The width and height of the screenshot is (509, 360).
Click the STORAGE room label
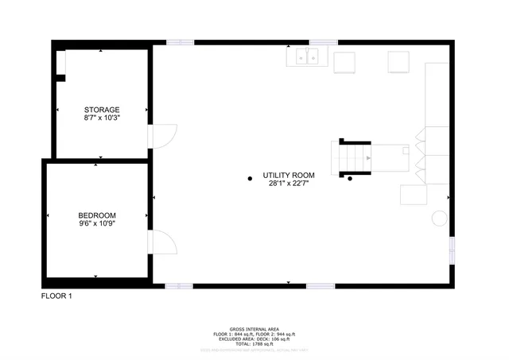click(102, 110)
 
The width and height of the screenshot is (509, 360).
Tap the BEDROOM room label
click(97, 215)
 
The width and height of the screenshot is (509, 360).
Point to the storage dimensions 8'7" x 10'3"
click(102, 118)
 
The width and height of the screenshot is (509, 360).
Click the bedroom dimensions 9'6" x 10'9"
click(97, 224)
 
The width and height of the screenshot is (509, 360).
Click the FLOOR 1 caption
click(56, 296)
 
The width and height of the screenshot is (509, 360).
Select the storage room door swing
click(162, 136)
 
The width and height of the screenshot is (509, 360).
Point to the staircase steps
click(351, 157)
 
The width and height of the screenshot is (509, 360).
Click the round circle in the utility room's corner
click(438, 218)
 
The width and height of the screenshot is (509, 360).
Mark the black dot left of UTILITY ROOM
click(250, 178)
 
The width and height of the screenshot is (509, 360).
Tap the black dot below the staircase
click(350, 179)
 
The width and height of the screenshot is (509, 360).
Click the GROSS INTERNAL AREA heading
click(254, 327)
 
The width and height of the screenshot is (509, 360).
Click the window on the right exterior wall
click(452, 249)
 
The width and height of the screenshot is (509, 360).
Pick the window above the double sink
click(323, 42)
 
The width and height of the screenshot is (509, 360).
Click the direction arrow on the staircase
click(368, 158)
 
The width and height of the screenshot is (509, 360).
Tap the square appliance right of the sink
click(345, 62)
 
